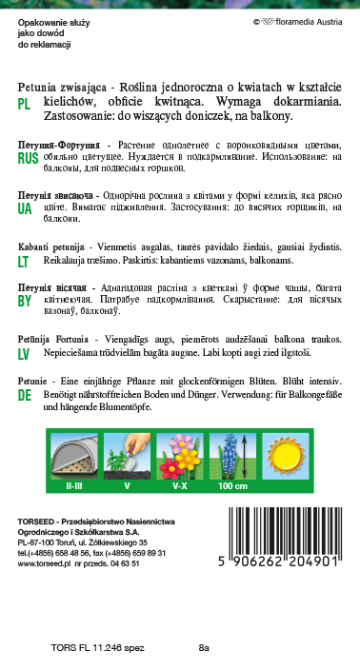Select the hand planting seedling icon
click(129, 452)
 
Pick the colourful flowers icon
click(180, 452)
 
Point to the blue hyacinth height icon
click(233, 452)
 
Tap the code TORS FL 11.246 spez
click(94, 648)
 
